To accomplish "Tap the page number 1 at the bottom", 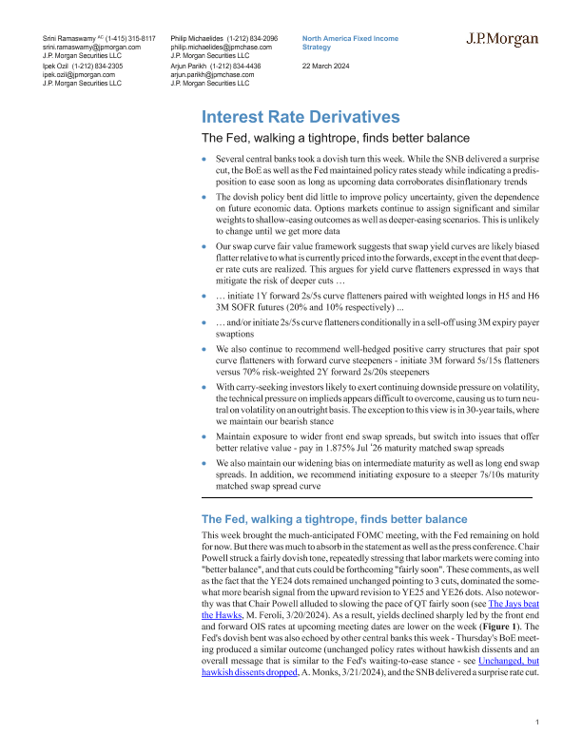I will (x=537, y=724).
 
